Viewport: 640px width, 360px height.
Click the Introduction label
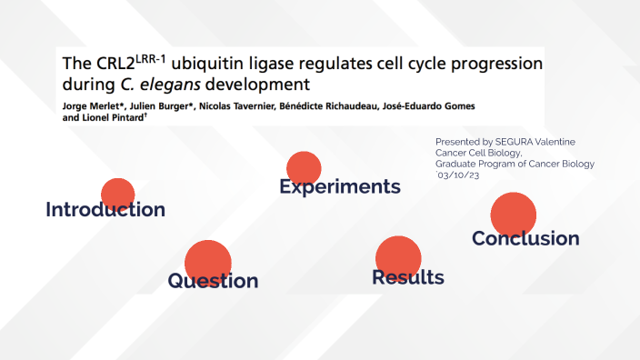coord(105,210)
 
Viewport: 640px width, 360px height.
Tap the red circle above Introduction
coord(117,194)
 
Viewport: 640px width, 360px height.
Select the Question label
coord(213,281)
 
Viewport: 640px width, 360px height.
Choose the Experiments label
coord(340,187)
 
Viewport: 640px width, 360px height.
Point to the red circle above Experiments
coord(304,167)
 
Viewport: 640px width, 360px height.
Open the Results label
coord(407,277)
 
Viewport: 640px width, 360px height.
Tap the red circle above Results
coord(398,255)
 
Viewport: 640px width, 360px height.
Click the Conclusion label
coord(525,238)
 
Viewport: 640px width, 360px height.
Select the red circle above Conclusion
coord(514,215)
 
